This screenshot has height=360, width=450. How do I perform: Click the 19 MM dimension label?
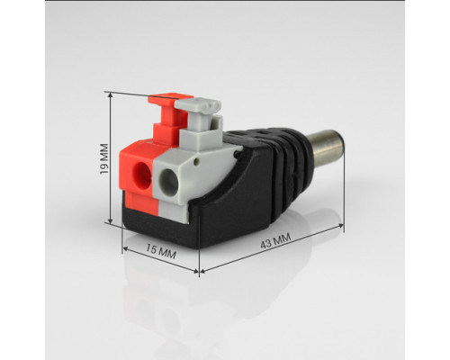(104, 159)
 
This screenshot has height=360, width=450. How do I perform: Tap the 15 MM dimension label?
(161, 251)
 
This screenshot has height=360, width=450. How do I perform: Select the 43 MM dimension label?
(275, 241)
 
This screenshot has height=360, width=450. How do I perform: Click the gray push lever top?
(198, 105)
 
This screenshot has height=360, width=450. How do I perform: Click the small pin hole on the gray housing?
(196, 162)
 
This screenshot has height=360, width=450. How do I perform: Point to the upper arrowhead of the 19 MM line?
(111, 94)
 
